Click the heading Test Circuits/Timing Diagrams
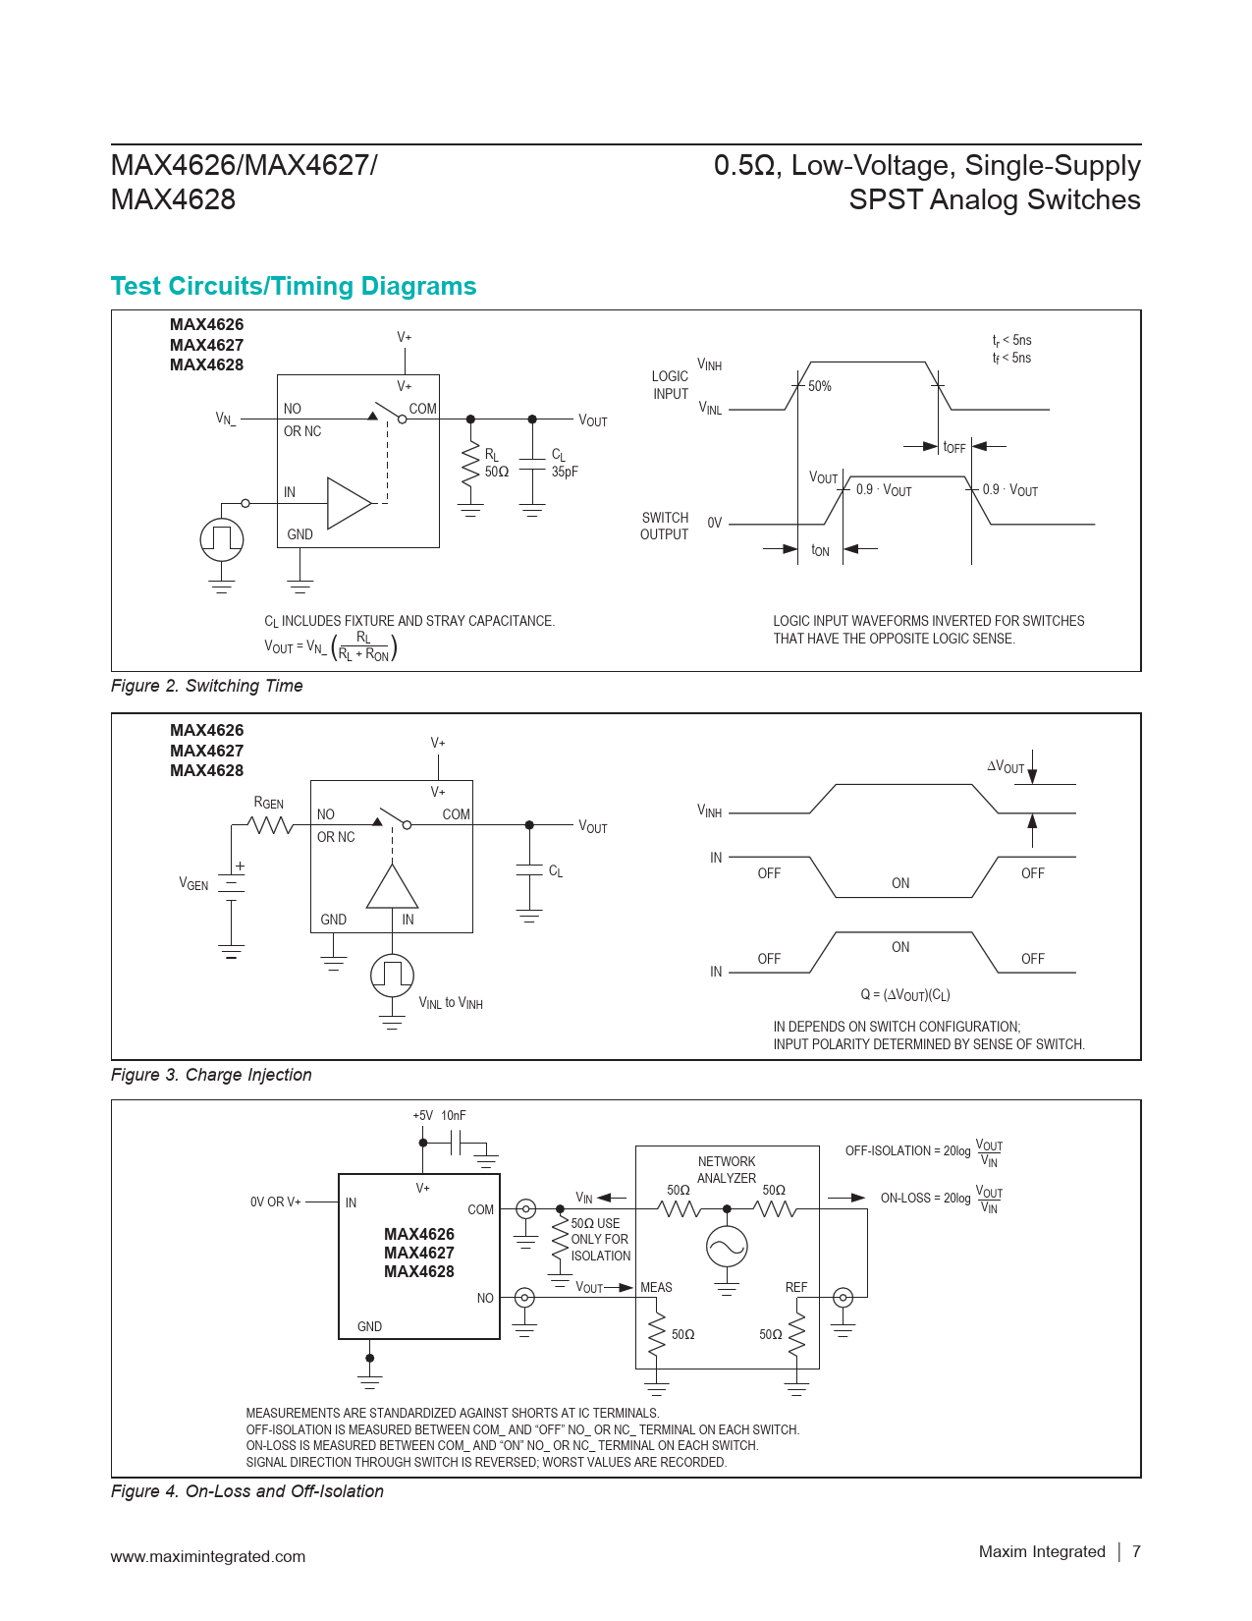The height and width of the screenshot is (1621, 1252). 293,286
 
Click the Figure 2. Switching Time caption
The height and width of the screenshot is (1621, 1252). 206,686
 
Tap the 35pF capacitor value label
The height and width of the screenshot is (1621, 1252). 565,472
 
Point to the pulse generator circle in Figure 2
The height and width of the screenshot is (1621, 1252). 222,539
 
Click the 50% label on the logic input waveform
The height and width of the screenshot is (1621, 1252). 820,387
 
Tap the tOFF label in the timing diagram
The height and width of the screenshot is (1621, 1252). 954,448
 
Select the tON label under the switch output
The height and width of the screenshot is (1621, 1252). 820,551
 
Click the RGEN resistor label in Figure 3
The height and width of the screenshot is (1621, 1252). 268,804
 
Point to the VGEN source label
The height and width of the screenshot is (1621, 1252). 193,884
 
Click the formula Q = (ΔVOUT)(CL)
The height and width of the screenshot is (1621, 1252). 905,995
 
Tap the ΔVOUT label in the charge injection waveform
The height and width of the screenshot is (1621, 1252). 1006,767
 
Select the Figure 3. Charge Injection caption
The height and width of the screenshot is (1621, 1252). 211,1075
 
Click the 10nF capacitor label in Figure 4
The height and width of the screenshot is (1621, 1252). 454,1116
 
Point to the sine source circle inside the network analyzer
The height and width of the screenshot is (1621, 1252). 727,1247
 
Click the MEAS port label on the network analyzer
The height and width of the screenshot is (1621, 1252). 656,1287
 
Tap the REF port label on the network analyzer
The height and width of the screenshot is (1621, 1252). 796,1287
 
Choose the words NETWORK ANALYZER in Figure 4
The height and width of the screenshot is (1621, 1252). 727,1169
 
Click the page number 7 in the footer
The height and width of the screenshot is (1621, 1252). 1136,1551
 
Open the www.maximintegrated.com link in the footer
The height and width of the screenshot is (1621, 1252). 208,1556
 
